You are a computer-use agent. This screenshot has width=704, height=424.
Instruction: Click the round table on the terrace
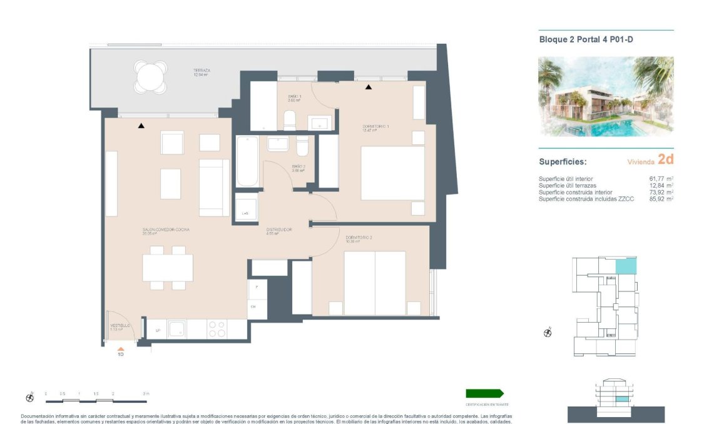[x=151, y=77]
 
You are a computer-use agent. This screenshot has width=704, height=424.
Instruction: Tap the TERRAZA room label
[x=202, y=72]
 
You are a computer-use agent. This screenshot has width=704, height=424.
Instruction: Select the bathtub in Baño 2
[x=247, y=161]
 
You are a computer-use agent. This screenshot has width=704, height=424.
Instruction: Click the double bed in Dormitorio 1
[x=392, y=173]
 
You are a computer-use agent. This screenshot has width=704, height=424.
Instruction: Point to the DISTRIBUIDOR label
[x=280, y=230]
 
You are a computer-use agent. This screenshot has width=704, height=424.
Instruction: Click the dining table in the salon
[x=168, y=268]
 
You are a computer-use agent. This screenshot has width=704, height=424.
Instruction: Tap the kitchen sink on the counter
[x=178, y=328]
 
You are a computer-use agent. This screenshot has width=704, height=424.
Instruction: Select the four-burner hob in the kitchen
[x=217, y=329]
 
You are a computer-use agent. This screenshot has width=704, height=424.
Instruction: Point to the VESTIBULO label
[x=120, y=326]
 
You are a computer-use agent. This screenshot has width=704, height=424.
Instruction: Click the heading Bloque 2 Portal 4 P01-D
[x=587, y=39]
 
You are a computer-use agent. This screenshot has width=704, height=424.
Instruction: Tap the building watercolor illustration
[x=606, y=97]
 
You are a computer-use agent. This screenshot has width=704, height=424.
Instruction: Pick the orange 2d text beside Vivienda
[x=666, y=161]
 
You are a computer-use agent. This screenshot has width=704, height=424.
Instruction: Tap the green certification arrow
[x=484, y=393]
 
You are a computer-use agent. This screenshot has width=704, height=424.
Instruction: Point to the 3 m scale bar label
[x=146, y=393]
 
